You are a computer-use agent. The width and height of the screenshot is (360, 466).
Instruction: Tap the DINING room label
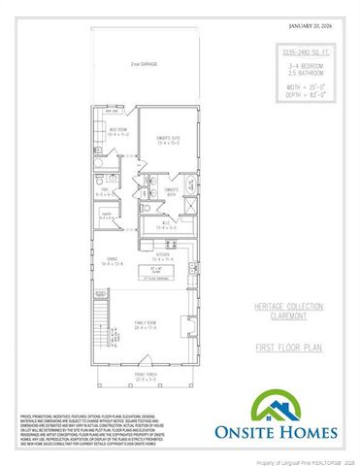[x=113, y=261]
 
